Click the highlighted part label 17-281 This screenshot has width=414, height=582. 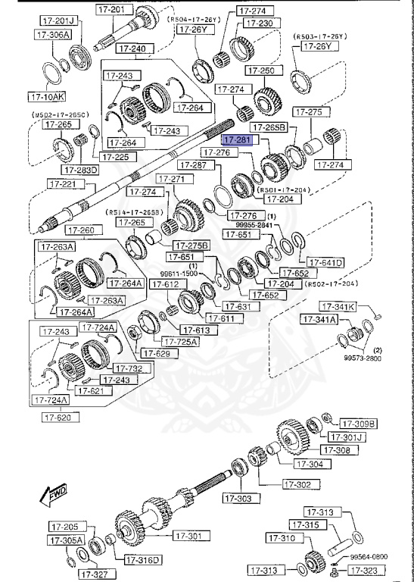click(235, 140)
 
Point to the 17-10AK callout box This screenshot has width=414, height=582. click(47, 97)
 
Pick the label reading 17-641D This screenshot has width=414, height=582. click(326, 262)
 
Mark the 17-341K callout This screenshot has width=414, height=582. click(337, 307)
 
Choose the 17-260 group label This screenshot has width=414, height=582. click(81, 230)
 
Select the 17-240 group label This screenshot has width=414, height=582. click(134, 48)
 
